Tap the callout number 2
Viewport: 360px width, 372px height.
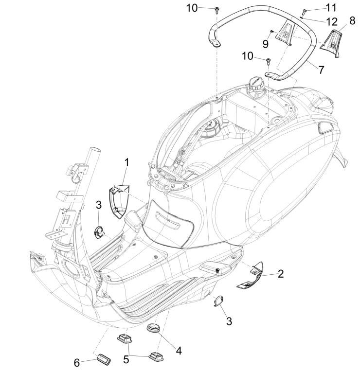click(281, 274)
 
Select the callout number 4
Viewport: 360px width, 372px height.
click(179, 350)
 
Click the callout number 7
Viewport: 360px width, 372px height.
click(321, 70)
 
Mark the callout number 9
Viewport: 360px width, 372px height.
click(266, 43)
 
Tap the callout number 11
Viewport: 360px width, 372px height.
click(331, 8)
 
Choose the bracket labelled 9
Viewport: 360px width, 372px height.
click(284, 34)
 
